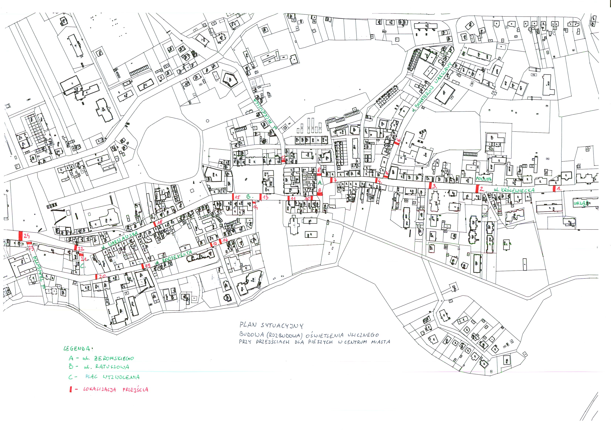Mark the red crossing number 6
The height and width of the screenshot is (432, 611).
(399, 140)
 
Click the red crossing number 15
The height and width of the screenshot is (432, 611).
(237, 197)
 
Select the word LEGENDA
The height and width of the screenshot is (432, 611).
(78, 348)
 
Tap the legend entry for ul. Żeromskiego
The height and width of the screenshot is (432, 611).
(101, 358)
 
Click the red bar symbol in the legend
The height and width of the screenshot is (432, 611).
(71, 389)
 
